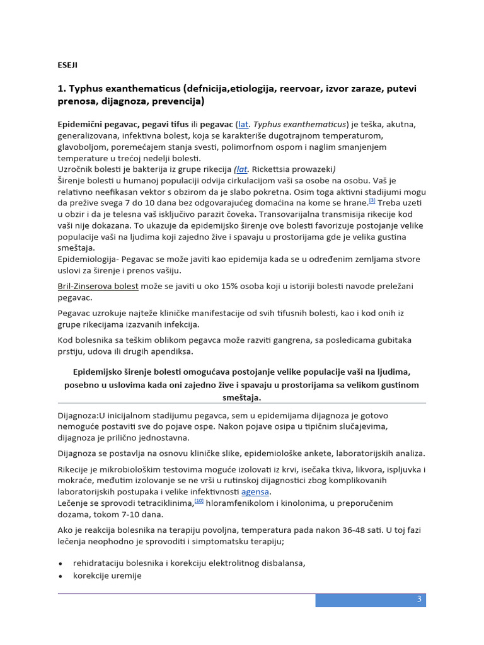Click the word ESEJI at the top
(x=67, y=64)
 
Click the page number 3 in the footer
(x=418, y=599)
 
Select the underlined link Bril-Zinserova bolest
(x=98, y=286)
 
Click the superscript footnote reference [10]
(x=199, y=501)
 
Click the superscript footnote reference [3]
(x=372, y=201)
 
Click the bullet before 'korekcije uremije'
(x=60, y=576)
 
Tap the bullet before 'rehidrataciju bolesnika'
(x=60, y=563)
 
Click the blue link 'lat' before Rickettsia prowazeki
(x=241, y=169)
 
